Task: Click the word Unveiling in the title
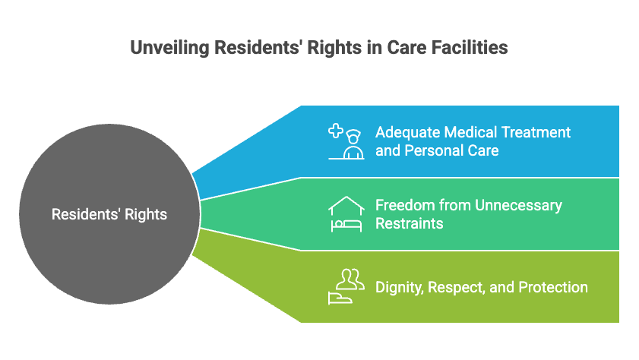pos(169,48)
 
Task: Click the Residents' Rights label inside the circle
pos(109,215)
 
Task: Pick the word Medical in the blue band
pos(466,132)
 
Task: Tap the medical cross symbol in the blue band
pos(336,131)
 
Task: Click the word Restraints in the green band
pos(409,223)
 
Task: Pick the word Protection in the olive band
pos(552,287)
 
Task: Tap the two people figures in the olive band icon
pos(349,278)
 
